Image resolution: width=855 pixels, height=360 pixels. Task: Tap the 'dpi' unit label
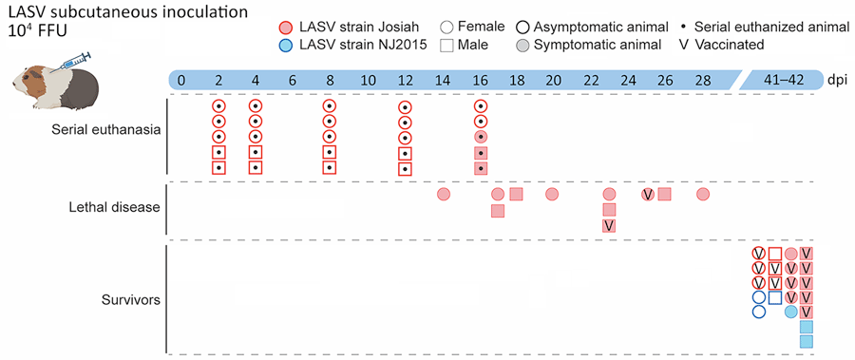pyautogui.click(x=837, y=80)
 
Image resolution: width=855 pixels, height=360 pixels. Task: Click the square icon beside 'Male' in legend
pyautogui.click(x=462, y=45)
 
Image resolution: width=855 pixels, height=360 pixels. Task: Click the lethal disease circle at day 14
pyautogui.click(x=443, y=195)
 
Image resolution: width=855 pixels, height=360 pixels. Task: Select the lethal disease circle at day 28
pyautogui.click(x=703, y=195)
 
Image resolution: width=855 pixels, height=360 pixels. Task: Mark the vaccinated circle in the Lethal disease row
pyautogui.click(x=648, y=195)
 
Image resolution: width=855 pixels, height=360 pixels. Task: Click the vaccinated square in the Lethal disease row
pyautogui.click(x=609, y=225)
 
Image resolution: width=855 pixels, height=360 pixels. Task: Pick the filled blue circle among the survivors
pyautogui.click(x=790, y=312)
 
